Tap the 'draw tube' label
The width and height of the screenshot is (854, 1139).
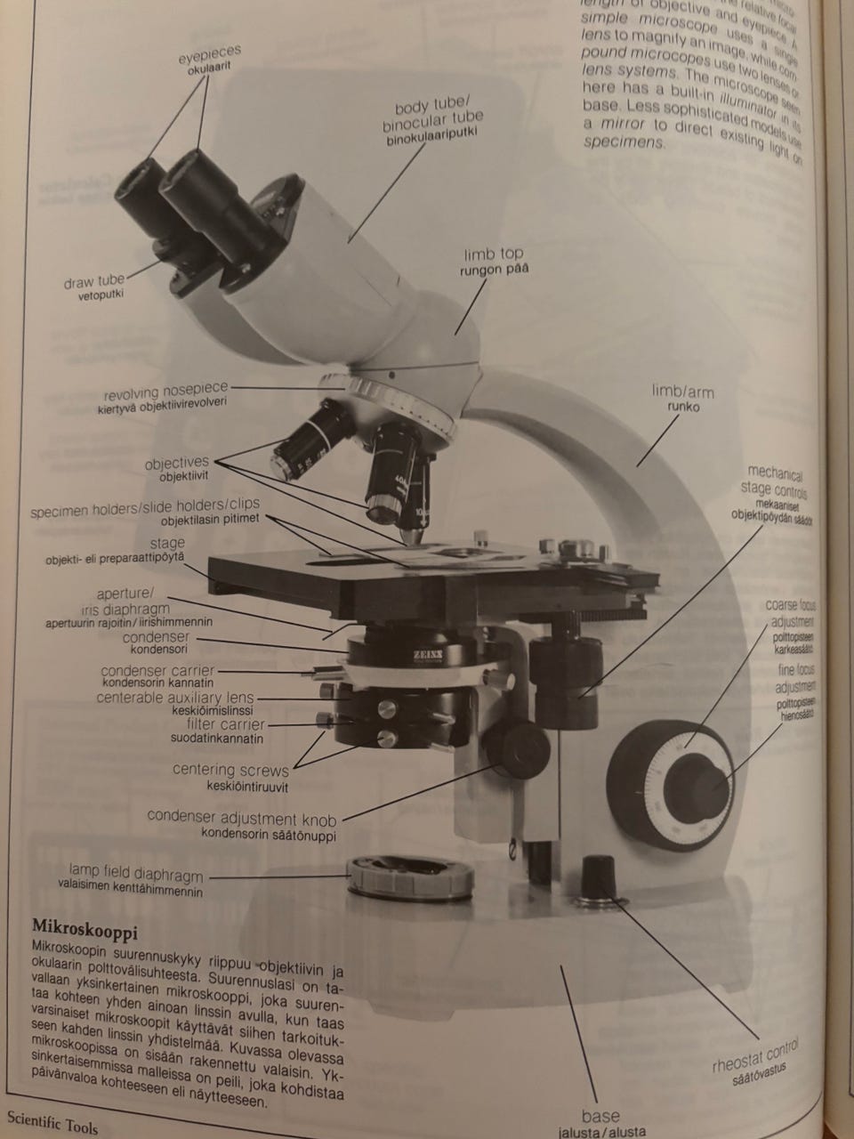(94, 282)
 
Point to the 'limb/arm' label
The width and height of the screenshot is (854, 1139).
(683, 392)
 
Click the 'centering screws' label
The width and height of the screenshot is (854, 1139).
(230, 770)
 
